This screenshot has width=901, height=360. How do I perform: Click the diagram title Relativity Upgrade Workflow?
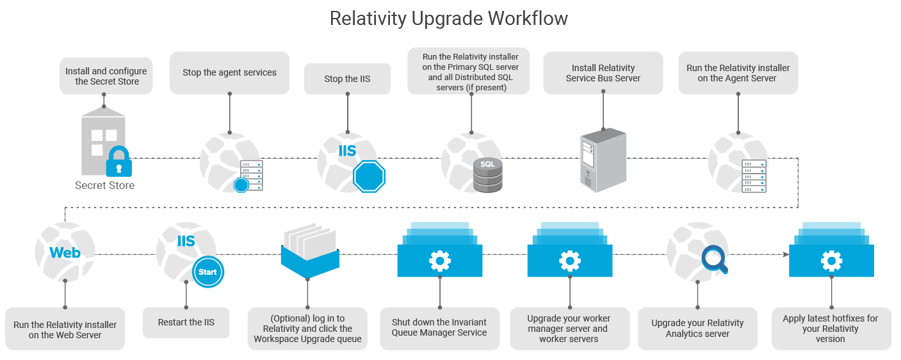pos(448,19)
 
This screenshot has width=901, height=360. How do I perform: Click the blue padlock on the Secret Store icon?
pos(118,162)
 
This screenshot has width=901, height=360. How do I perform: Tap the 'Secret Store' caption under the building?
pos(104,186)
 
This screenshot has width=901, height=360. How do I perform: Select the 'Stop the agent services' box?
pos(229,72)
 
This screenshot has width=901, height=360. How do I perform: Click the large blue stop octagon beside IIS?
pos(369,176)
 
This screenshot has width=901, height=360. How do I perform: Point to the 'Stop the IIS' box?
pos(347,79)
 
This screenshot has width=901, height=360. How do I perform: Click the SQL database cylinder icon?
pos(488,175)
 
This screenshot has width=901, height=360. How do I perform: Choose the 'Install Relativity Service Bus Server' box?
pos(603,73)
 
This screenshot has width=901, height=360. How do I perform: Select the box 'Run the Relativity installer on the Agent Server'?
pos(738,73)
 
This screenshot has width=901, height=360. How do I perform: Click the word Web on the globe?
pos(65,252)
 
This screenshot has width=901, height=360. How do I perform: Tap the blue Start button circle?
pos(207,272)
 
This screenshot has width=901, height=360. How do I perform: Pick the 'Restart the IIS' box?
pos(186,322)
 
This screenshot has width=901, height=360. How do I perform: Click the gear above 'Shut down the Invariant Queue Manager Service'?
pos(439,261)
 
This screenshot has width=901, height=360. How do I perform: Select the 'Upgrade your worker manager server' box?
pos(569,329)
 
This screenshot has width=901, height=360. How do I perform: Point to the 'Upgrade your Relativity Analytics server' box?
pos(697,329)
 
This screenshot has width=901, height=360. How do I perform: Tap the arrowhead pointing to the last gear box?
pos(784,254)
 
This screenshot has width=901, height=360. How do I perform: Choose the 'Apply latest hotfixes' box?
pos(831,329)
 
